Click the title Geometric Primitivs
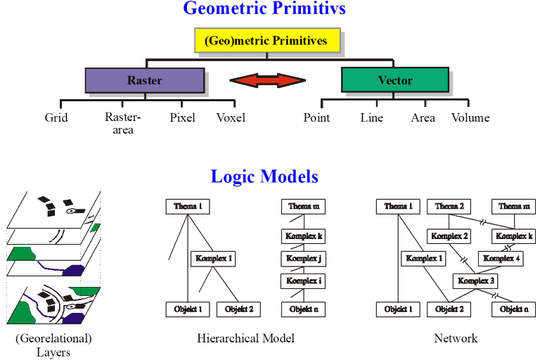[x=264, y=9]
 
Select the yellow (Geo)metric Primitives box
[x=266, y=41]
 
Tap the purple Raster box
[x=144, y=80]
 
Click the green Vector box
[x=394, y=80]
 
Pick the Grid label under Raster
[x=56, y=117]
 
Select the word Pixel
[x=182, y=117]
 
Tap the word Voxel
[x=231, y=117]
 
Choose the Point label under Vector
[x=316, y=117]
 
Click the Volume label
[x=470, y=117]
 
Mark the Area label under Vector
[x=423, y=117]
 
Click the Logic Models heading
[x=264, y=176]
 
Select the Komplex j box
[x=304, y=259]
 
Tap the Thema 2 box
[x=450, y=206]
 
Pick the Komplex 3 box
[x=477, y=281]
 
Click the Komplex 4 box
[x=502, y=259]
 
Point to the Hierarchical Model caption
[x=246, y=338]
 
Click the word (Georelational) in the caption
[x=53, y=338]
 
